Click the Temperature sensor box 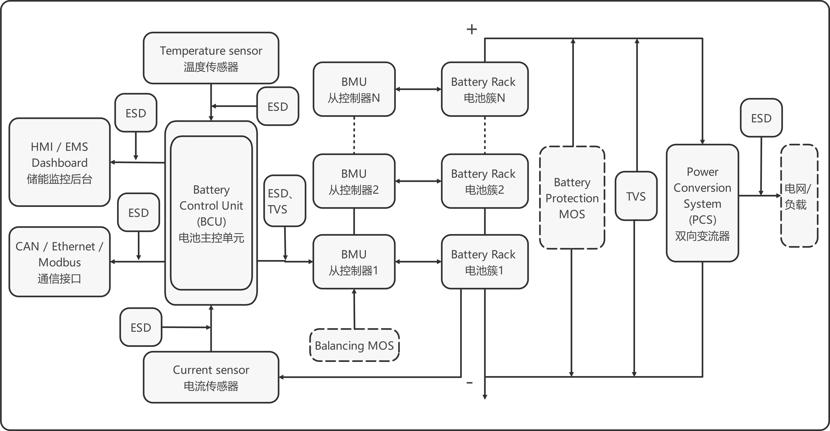click(x=211, y=58)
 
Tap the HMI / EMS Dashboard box click(x=60, y=162)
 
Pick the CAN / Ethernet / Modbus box click(x=60, y=262)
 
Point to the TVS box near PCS click(x=636, y=196)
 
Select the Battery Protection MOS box click(x=572, y=198)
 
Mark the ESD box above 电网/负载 click(x=761, y=118)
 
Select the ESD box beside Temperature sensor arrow click(x=278, y=106)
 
